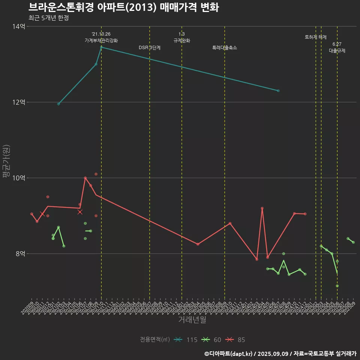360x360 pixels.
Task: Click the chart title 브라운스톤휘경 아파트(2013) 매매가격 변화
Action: [x=123, y=7]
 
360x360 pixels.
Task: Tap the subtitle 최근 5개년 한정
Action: [x=48, y=18]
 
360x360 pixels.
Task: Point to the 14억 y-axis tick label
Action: [x=19, y=26]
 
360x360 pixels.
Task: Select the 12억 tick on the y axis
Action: [x=19, y=102]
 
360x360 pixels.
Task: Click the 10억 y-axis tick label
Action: [x=19, y=178]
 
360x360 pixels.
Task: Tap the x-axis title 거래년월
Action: [x=192, y=319]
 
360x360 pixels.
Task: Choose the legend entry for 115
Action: [x=186, y=340]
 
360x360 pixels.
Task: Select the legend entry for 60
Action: [x=211, y=340]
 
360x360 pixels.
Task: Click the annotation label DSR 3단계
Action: [x=150, y=48]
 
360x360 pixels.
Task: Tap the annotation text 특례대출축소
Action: [x=225, y=48]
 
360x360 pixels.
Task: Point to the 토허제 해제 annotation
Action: [x=316, y=37]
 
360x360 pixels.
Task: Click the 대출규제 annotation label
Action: [x=337, y=51]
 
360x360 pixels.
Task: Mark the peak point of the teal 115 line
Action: [x=101, y=47]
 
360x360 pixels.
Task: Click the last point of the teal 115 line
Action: [x=278, y=91]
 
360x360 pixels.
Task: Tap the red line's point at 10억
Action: [x=85, y=178]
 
